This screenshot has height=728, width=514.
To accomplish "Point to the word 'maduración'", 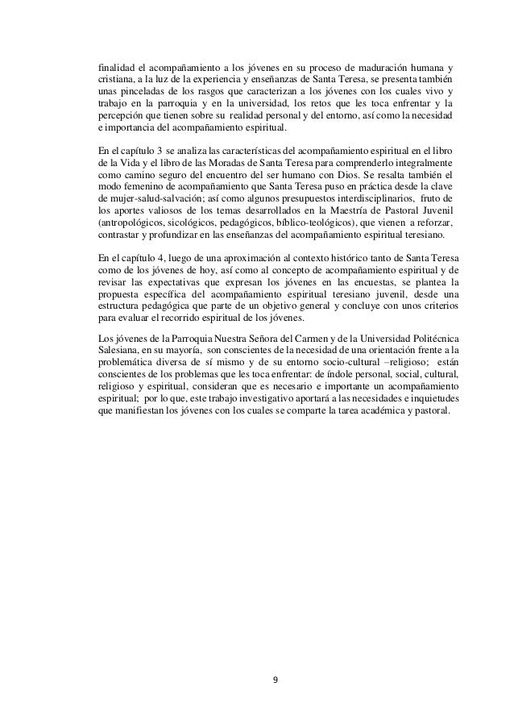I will [368, 66].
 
